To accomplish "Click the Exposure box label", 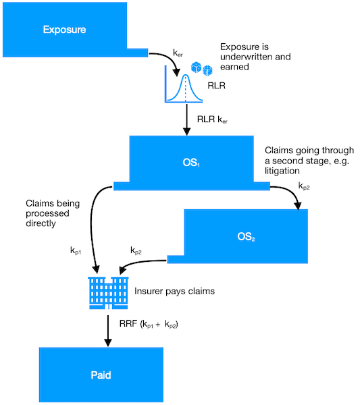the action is pyautogui.click(x=64, y=30).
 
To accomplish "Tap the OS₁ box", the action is pyautogui.click(x=192, y=163).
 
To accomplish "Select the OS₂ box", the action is pyautogui.click(x=246, y=236).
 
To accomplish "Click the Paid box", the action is pyautogui.click(x=101, y=375).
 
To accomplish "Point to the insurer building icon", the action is pyautogui.click(x=108, y=293).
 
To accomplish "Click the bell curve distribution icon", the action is pyautogui.click(x=184, y=84).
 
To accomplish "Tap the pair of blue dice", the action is pyautogui.click(x=202, y=69).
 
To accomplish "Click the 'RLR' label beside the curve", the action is pyautogui.click(x=216, y=86).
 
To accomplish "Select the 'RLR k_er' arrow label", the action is pyautogui.click(x=212, y=119).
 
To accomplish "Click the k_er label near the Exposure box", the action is pyautogui.click(x=178, y=53).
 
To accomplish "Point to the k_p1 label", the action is pyautogui.click(x=76, y=250).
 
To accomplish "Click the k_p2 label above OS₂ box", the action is pyautogui.click(x=304, y=186).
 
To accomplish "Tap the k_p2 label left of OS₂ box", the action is pyautogui.click(x=136, y=250).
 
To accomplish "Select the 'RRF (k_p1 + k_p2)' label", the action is pyautogui.click(x=149, y=324).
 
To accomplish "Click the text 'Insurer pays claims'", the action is pyautogui.click(x=174, y=291).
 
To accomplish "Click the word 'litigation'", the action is pyautogui.click(x=282, y=171).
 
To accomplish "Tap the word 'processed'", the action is pyautogui.click(x=47, y=213).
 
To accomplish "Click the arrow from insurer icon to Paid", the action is pyautogui.click(x=108, y=331).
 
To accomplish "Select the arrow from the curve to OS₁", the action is pyautogui.click(x=186, y=119).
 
